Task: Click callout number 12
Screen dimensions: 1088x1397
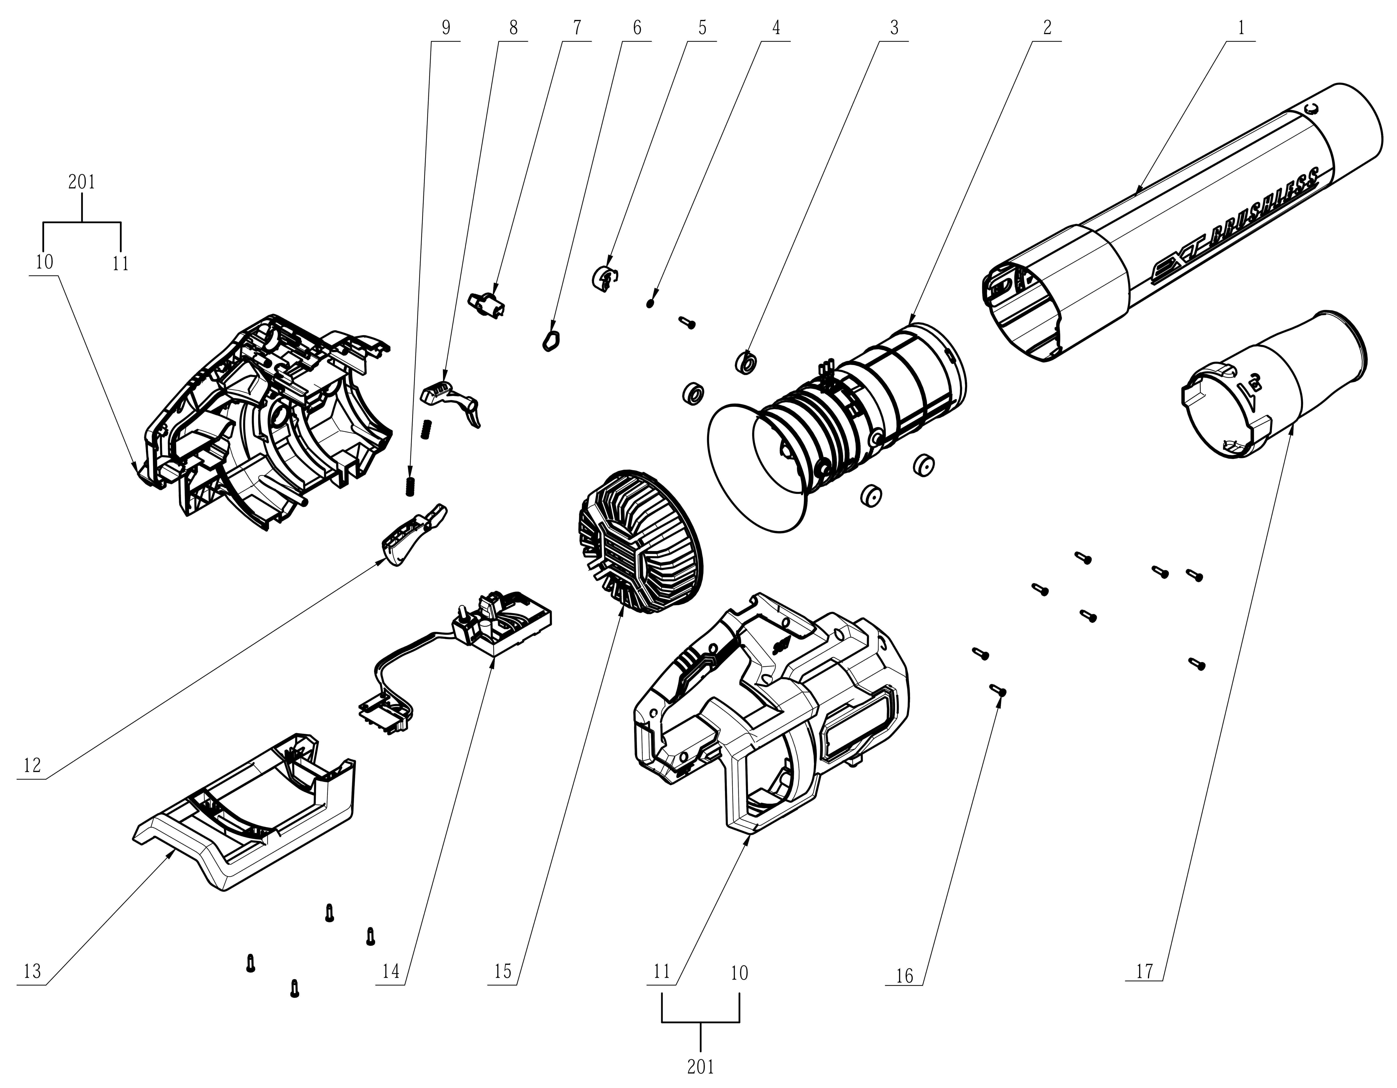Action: pos(32,765)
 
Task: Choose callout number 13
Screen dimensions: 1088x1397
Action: pos(32,972)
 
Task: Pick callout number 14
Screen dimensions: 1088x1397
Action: pos(391,972)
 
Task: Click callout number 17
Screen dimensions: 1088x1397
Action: pos(1144,972)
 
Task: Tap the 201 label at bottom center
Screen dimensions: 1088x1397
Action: pos(700,1067)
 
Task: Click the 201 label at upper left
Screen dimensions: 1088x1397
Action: pos(82,182)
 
